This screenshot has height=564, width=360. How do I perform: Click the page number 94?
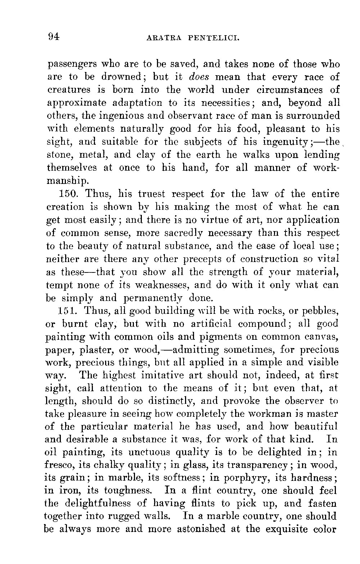[x=53, y=36]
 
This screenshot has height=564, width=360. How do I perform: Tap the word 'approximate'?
[x=77, y=103]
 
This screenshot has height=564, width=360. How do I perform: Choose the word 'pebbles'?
[x=319, y=311]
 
